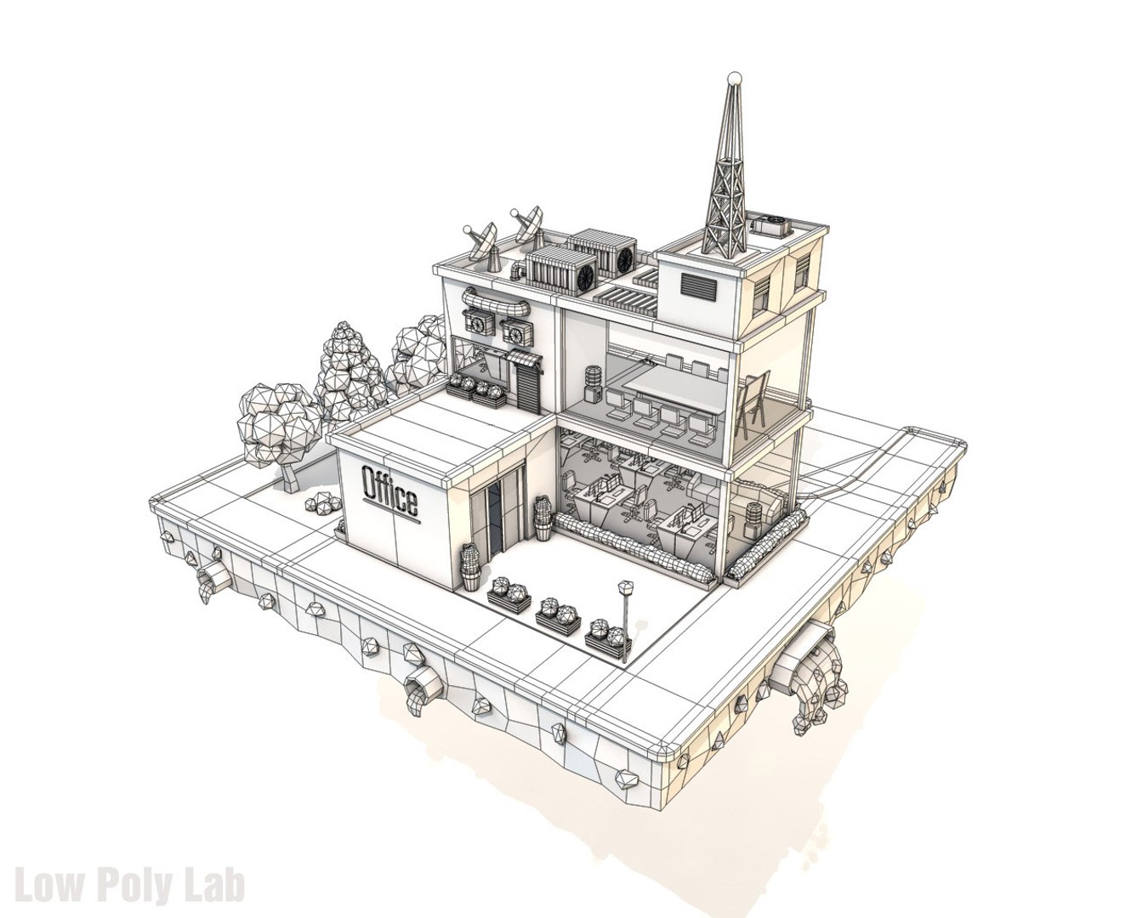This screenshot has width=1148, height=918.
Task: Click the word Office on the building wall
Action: (x=390, y=492)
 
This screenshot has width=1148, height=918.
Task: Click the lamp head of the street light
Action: (x=627, y=586)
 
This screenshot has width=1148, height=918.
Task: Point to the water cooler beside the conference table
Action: (x=592, y=383)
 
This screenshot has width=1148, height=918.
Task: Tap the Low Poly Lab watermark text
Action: (x=130, y=883)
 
